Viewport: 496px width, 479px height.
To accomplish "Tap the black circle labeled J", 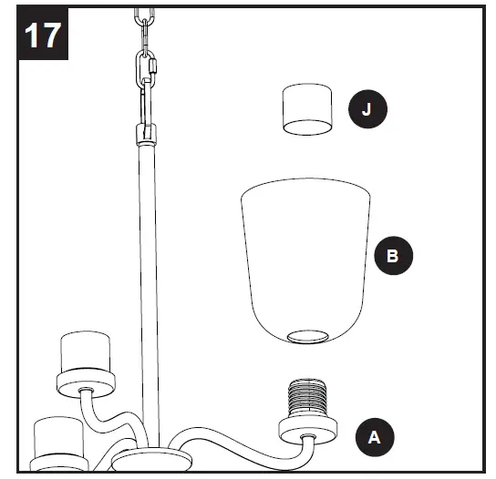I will (367, 110).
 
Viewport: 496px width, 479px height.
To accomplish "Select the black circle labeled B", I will (393, 256).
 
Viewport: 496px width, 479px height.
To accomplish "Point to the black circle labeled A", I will (374, 436).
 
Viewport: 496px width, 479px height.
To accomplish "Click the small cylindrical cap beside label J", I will (305, 109).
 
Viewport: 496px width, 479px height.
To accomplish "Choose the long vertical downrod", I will (145, 291).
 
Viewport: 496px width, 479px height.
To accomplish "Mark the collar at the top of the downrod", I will (144, 138).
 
